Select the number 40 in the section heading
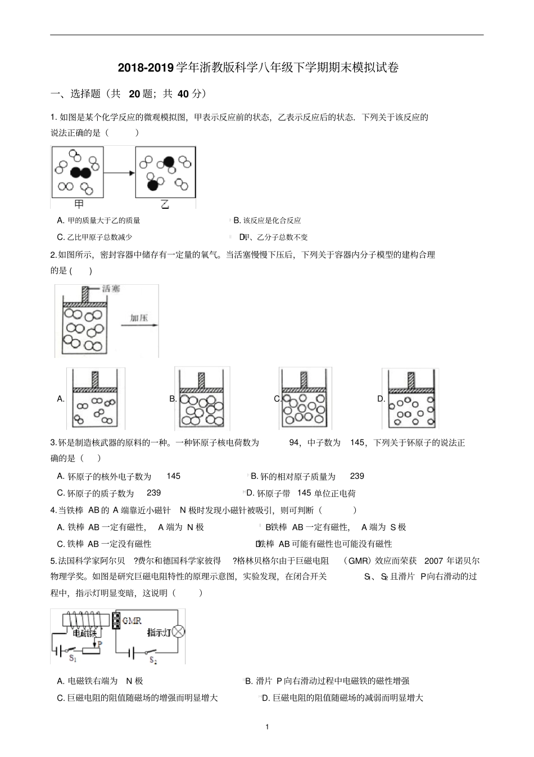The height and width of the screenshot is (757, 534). click(183, 94)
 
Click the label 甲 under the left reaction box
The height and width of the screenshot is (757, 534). click(79, 204)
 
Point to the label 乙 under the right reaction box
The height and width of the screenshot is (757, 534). click(165, 204)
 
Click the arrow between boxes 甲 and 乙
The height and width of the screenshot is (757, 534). click(119, 173)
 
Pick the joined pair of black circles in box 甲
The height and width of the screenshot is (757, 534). click(80, 173)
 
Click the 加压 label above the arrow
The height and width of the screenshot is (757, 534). click(139, 318)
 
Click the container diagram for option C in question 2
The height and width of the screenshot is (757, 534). click(305, 398)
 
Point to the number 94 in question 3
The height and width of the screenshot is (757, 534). click(295, 442)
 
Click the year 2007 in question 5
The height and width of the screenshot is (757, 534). click(433, 561)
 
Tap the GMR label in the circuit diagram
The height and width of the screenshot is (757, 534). click(132, 621)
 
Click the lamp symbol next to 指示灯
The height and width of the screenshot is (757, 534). click(178, 631)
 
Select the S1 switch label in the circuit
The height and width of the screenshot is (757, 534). click(73, 657)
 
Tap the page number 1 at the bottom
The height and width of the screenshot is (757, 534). click(267, 727)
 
